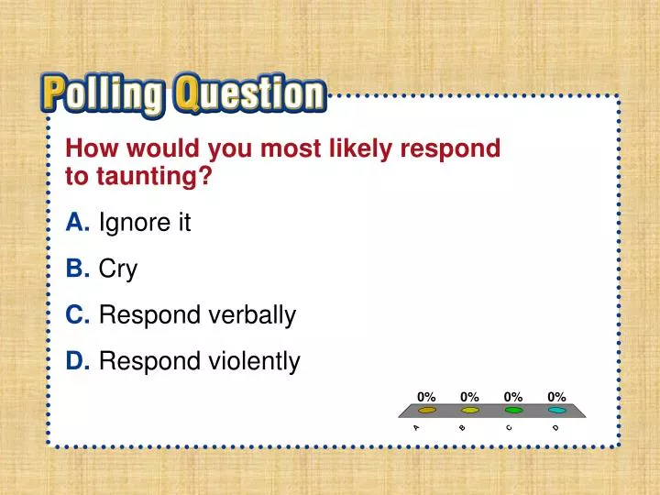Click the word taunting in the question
point(151,176)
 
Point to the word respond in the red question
point(455,148)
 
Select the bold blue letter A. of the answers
point(78,223)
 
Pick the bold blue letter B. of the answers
point(78,269)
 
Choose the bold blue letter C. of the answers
point(79,315)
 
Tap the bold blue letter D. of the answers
point(79,362)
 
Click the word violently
point(252,362)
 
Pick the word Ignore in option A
point(128,224)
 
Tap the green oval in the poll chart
point(513,411)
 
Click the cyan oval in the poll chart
point(556,411)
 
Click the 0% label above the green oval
point(513,396)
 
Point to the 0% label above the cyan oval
point(556,396)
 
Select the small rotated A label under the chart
point(416,427)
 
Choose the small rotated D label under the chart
point(555,427)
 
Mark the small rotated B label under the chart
point(463,427)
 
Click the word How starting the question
point(91,148)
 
